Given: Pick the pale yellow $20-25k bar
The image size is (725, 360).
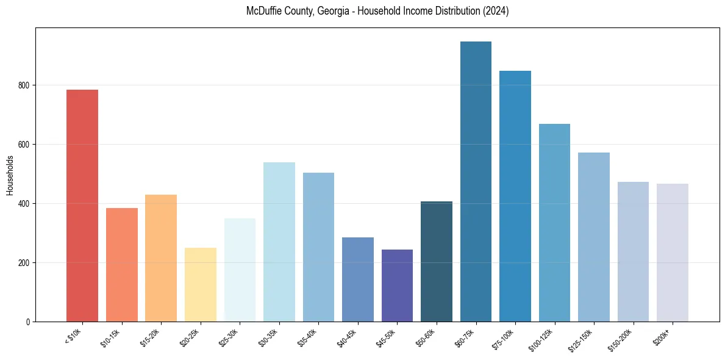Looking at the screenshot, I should point(200,284).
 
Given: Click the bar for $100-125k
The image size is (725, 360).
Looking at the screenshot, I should point(554,223).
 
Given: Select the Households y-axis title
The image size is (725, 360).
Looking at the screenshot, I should point(10,175).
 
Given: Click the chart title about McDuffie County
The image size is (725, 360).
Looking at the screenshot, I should point(377,12).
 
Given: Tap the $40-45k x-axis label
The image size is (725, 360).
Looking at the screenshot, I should point(347,337).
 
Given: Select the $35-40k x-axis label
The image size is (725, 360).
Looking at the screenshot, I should point(308,337).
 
